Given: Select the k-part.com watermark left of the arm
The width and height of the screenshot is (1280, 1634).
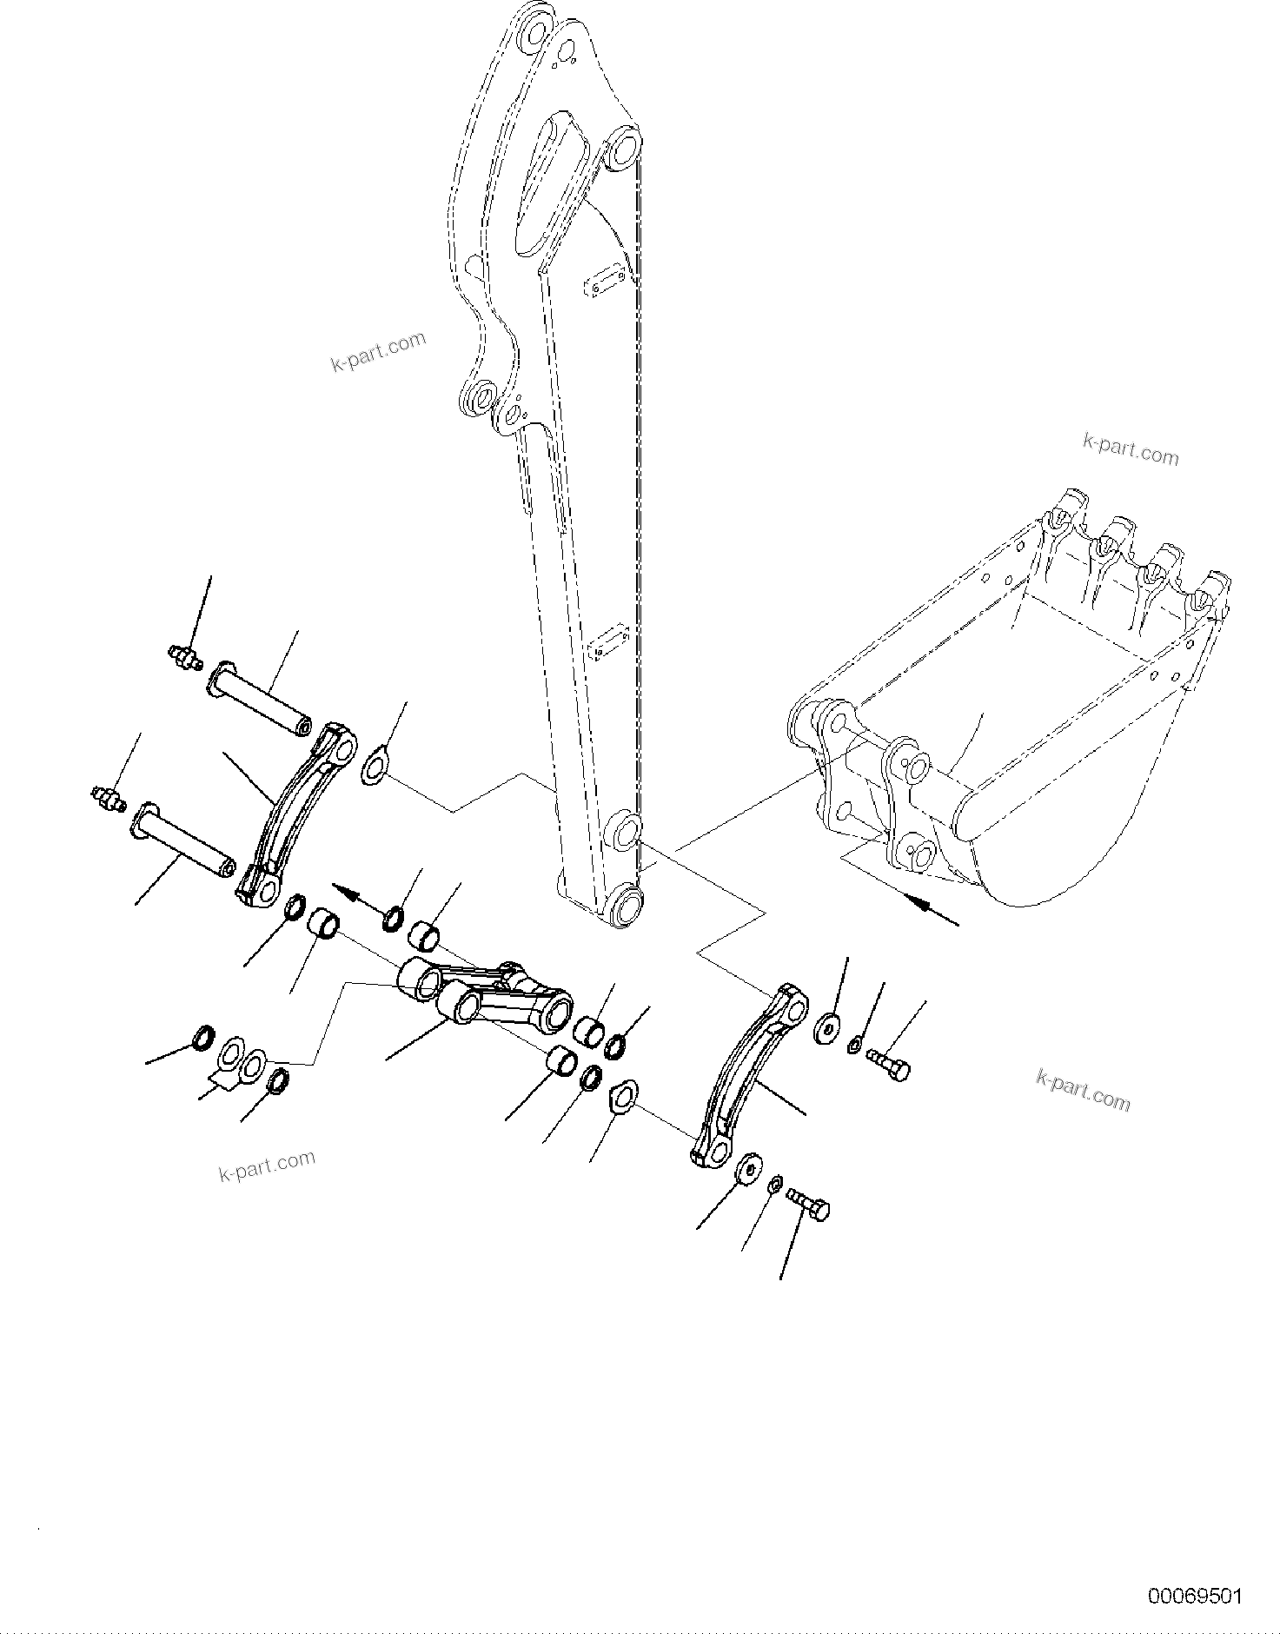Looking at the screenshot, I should tap(379, 349).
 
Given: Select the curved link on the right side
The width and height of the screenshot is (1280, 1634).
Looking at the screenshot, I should tap(747, 1075).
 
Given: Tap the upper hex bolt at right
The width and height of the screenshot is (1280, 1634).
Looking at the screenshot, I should tap(887, 1065).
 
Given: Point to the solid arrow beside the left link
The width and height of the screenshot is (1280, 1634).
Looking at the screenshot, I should tap(359, 897).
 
